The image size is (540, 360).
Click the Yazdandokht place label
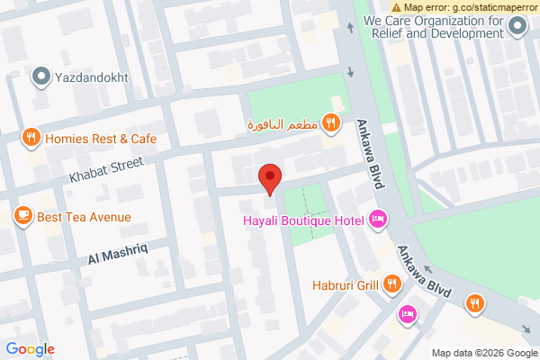coord(94,77)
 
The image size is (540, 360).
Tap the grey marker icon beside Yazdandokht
coord(40,77)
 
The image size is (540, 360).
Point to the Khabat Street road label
coord(107,170)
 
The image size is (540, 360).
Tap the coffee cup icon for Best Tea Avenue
coord(23,216)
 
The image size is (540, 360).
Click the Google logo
coord(30,349)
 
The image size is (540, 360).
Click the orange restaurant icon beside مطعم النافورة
coord(331,122)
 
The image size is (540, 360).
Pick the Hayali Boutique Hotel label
coord(302,220)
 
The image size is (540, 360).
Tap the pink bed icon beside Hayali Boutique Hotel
coord(377,219)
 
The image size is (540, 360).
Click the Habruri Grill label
coord(345,286)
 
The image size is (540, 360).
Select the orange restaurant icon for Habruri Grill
coord(392,284)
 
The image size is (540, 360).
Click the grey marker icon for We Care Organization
coord(517,27)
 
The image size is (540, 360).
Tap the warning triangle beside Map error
coord(396,6)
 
